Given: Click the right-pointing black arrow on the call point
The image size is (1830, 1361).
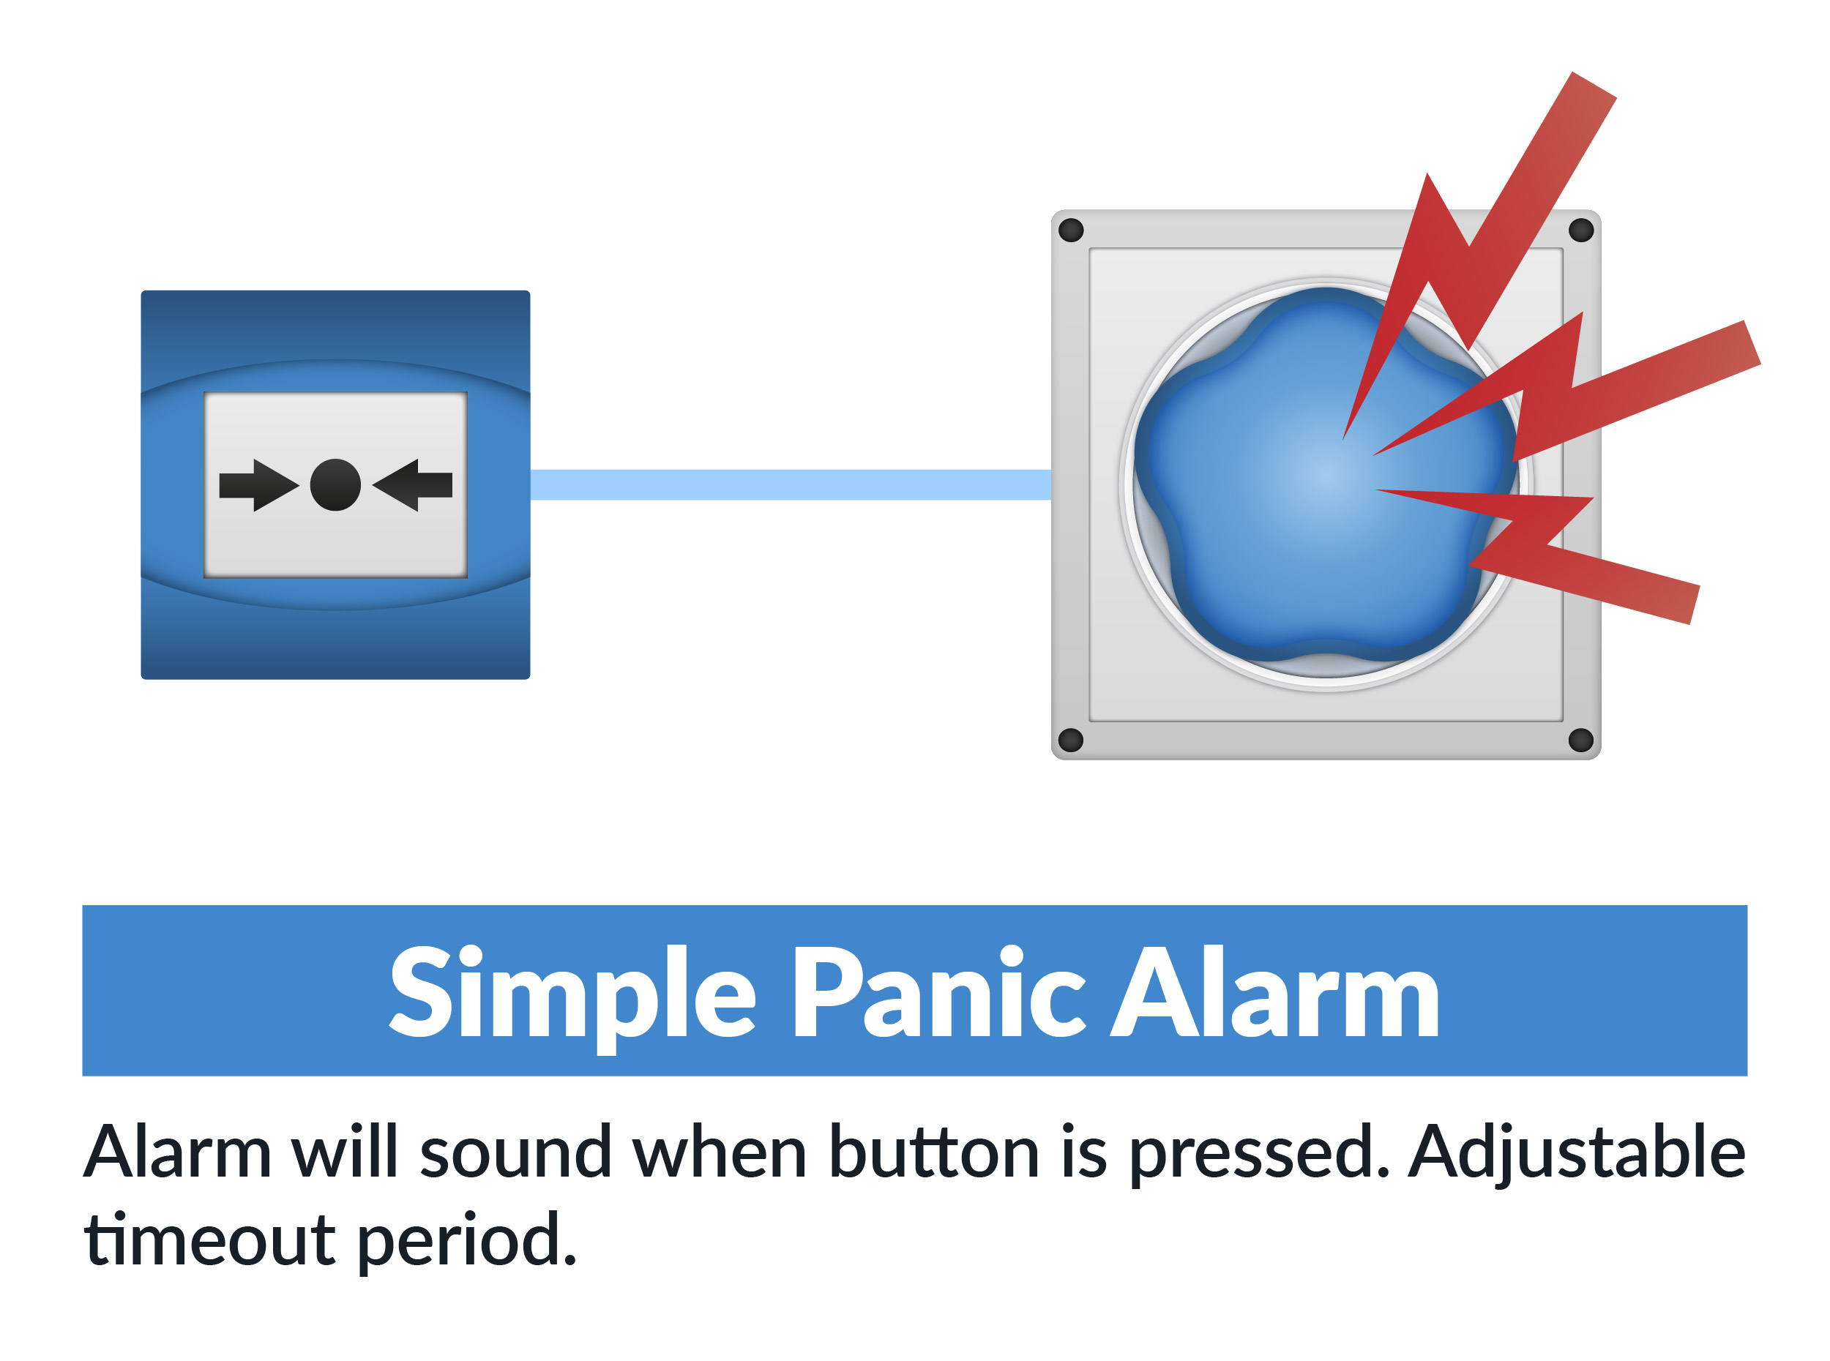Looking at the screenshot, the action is point(258,485).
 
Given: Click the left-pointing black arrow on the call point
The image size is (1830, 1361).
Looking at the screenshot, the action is point(413,485).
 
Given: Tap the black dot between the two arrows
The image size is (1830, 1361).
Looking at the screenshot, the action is point(335,485).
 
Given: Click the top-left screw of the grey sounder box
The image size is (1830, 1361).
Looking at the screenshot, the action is point(1070,230).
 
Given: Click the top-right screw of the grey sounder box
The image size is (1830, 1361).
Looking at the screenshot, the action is point(1580,230).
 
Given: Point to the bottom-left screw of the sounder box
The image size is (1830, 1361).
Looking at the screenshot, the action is point(1070,740).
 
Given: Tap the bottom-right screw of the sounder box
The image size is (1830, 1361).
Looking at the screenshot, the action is point(1580,740).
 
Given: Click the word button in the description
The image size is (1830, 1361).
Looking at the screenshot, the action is point(933,1152).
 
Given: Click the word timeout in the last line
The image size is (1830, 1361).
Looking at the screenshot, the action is point(210,1239).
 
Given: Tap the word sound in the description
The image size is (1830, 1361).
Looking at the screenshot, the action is point(516,1152).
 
